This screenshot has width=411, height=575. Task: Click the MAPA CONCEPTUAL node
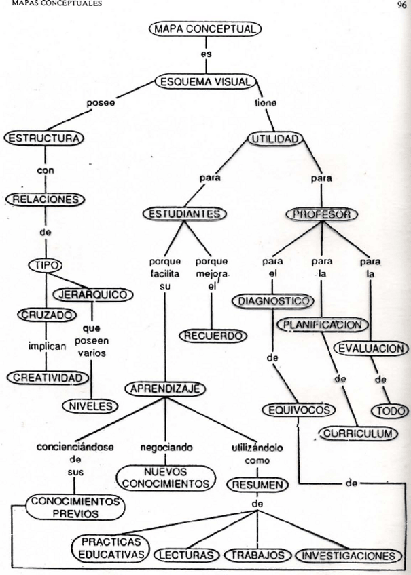click(x=204, y=29)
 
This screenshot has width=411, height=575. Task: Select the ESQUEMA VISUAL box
click(x=205, y=82)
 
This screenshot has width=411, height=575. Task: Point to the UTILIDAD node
click(x=274, y=139)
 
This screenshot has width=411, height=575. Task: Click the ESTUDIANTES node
click(x=185, y=214)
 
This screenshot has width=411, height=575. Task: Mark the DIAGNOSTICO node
click(x=275, y=300)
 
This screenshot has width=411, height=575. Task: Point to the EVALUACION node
click(x=371, y=349)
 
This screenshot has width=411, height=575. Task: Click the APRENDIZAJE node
click(x=165, y=389)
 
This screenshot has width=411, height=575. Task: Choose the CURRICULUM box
click(x=357, y=433)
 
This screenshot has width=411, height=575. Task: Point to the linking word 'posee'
click(x=100, y=103)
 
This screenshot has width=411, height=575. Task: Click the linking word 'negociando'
click(x=166, y=448)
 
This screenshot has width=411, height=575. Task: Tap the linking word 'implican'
click(x=47, y=345)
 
